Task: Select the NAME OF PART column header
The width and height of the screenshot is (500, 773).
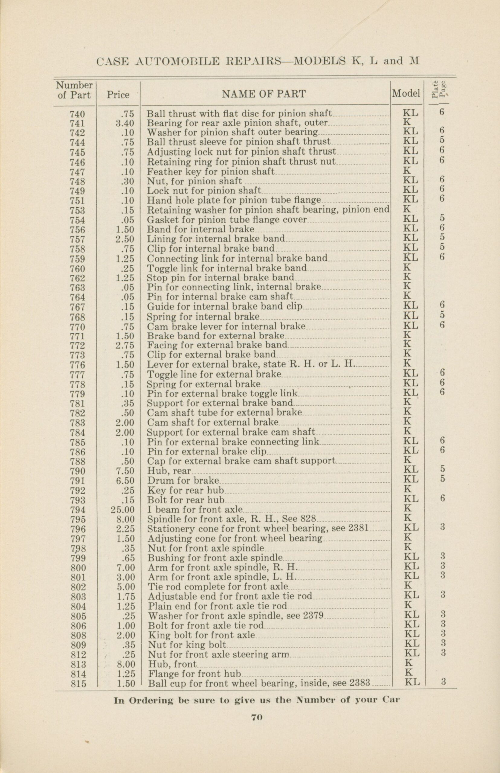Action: click(263, 94)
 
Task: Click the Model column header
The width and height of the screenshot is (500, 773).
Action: click(406, 94)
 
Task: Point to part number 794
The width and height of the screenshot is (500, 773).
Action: click(77, 509)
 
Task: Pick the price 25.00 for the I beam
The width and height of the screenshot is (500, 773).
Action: click(122, 509)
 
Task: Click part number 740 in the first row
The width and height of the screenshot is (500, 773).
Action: click(77, 114)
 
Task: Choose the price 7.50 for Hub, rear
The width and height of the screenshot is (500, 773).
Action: click(125, 471)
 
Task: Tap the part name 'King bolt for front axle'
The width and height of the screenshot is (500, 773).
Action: click(202, 635)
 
